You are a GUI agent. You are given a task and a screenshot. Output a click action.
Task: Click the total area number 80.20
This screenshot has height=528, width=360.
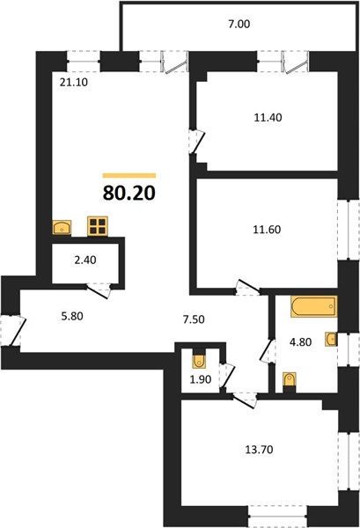(129, 193)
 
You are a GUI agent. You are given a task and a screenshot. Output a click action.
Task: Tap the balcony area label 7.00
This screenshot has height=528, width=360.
(239, 25)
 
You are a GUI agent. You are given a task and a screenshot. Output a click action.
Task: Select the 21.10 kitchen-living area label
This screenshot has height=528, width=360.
(74, 82)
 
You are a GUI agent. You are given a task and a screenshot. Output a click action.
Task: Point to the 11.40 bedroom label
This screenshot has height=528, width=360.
(268, 118)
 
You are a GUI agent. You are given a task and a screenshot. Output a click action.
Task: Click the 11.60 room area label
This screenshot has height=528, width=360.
(267, 230)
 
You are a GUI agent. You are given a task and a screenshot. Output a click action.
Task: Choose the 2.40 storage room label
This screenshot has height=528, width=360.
(85, 260)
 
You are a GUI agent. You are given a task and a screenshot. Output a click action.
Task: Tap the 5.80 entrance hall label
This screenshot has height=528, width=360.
(72, 316)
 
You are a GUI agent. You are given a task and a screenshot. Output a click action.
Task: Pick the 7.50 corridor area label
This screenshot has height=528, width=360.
(194, 319)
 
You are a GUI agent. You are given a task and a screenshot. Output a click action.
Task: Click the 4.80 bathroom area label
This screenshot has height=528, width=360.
(301, 342)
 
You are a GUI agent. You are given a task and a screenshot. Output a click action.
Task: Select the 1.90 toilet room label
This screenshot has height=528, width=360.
(201, 379)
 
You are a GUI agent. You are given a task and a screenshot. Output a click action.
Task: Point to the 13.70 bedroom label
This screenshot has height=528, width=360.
(259, 449)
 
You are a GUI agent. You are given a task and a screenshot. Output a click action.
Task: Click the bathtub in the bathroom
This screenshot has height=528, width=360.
(314, 306)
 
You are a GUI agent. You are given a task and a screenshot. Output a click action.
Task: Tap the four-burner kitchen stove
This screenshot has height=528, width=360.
(98, 226)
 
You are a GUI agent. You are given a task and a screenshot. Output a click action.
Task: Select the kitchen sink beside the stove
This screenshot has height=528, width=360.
(62, 227)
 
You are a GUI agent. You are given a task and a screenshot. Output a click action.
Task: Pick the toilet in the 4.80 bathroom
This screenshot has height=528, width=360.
(290, 380)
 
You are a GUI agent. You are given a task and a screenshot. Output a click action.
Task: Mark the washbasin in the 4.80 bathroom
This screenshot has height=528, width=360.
(331, 339)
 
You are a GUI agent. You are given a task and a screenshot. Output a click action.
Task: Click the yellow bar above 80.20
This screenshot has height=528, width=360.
(129, 175)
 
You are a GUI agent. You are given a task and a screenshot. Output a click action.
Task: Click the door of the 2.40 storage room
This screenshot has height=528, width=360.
(99, 291)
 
